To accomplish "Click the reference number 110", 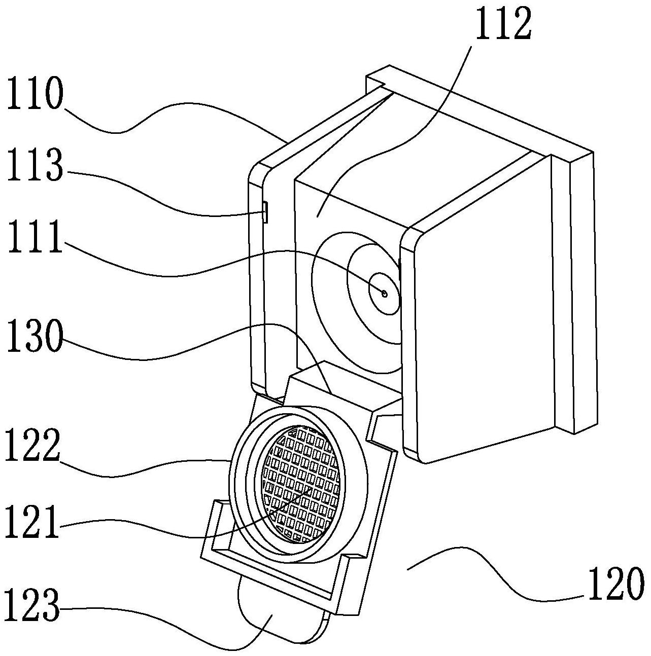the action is [36, 92].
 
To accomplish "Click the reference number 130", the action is [36, 336].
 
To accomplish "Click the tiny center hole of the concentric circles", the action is [385, 293].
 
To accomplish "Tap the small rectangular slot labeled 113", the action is [264, 212].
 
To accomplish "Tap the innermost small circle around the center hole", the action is [385, 294].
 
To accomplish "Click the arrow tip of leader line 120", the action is [408, 569].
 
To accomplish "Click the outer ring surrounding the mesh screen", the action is [298, 484].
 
